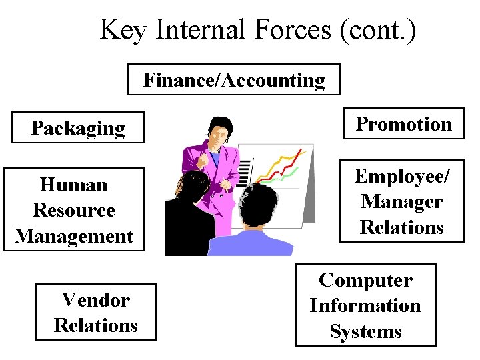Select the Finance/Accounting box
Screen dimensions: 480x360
coord(234,80)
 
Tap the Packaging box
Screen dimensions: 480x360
coord(78,127)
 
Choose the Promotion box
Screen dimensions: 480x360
coord(403,123)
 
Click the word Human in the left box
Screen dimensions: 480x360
coord(73,184)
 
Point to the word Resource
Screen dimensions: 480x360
coord(73,210)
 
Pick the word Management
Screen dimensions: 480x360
coord(74,235)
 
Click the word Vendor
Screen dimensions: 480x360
coord(95,300)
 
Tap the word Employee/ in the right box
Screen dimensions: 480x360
coord(402,176)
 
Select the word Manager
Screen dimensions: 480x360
coord(402,201)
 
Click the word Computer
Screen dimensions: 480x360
coord(365,280)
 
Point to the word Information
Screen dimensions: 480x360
coord(365,305)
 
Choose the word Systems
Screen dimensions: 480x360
coord(365,331)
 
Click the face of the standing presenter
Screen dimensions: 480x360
coord(217,136)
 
